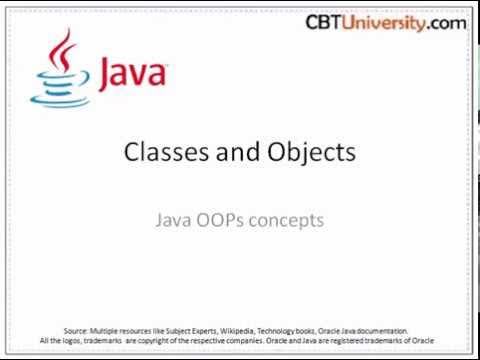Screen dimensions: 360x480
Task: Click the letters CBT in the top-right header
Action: click(x=325, y=21)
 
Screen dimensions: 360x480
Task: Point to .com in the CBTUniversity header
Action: click(x=450, y=21)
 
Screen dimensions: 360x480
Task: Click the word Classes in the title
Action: click(x=163, y=152)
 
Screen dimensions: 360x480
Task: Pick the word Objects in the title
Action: click(x=311, y=152)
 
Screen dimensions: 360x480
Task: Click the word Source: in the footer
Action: click(x=77, y=329)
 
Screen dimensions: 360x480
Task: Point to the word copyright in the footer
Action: click(x=156, y=341)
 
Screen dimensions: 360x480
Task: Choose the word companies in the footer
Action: click(x=245, y=341)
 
